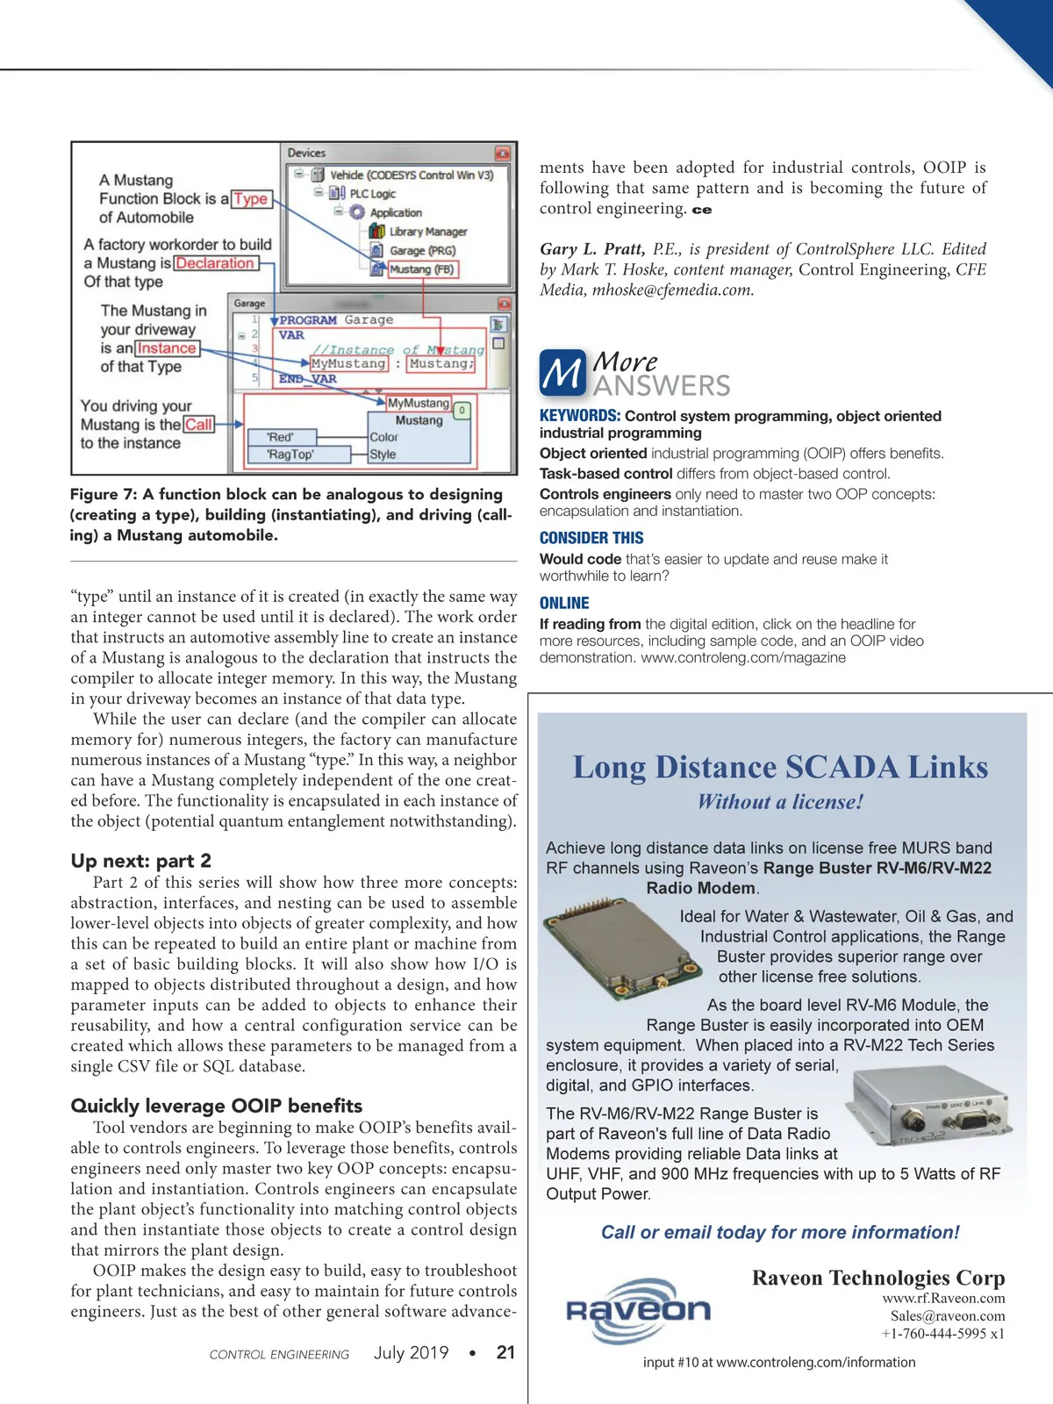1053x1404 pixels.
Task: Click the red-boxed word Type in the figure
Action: [251, 199]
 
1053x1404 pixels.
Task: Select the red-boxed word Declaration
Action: [215, 263]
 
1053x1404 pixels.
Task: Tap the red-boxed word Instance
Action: [167, 348]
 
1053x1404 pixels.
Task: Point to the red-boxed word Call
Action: [198, 425]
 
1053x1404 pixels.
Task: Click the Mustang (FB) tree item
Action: [421, 269]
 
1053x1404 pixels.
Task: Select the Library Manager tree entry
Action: [427, 232]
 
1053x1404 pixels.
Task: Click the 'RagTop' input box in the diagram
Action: [290, 455]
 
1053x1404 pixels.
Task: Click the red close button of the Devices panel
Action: [502, 154]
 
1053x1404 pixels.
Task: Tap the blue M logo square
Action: [562, 373]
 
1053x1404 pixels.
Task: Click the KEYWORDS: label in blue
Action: [580, 416]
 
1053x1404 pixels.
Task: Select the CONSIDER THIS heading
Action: [591, 538]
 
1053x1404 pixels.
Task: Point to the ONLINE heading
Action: [564, 603]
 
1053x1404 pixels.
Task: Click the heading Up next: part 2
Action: [141, 861]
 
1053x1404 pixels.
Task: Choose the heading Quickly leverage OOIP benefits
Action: [217, 1106]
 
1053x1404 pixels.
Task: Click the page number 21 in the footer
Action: [505, 1352]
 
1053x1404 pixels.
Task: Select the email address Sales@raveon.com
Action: [948, 1316]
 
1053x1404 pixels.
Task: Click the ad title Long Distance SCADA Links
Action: [780, 767]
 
